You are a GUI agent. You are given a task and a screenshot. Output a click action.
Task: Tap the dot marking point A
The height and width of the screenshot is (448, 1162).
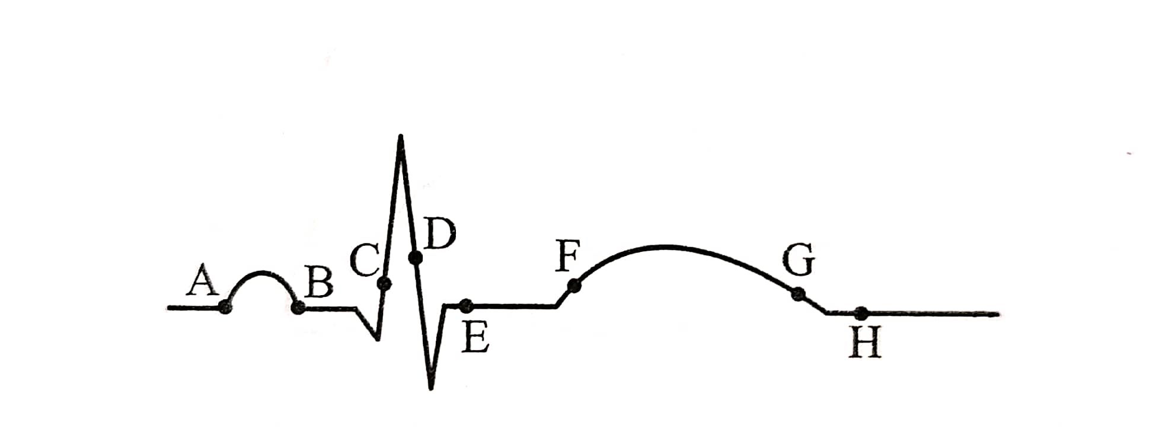click(225, 306)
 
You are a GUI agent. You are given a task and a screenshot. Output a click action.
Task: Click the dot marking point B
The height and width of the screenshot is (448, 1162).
click(299, 307)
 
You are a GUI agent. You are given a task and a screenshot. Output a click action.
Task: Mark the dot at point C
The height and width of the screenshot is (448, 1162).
click(384, 284)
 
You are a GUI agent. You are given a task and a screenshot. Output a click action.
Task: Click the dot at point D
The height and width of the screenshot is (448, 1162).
click(416, 257)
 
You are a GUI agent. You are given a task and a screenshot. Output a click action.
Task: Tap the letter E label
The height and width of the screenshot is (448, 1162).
click(475, 340)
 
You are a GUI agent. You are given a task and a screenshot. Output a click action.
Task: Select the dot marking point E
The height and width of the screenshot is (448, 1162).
click(466, 306)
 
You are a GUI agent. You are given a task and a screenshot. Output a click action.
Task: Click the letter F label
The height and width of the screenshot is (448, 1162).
click(568, 256)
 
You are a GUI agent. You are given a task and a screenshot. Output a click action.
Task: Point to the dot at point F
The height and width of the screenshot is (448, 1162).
click(574, 286)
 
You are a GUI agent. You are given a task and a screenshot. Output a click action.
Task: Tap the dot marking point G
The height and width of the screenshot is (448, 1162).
click(799, 293)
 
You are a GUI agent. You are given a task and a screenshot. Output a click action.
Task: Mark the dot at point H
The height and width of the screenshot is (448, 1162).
click(861, 313)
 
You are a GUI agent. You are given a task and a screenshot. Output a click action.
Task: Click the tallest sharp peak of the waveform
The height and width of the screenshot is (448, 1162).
click(401, 136)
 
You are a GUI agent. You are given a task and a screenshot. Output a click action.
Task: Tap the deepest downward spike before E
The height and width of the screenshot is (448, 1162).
click(431, 388)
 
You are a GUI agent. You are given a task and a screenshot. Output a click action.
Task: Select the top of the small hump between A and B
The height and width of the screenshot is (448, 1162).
click(261, 273)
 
